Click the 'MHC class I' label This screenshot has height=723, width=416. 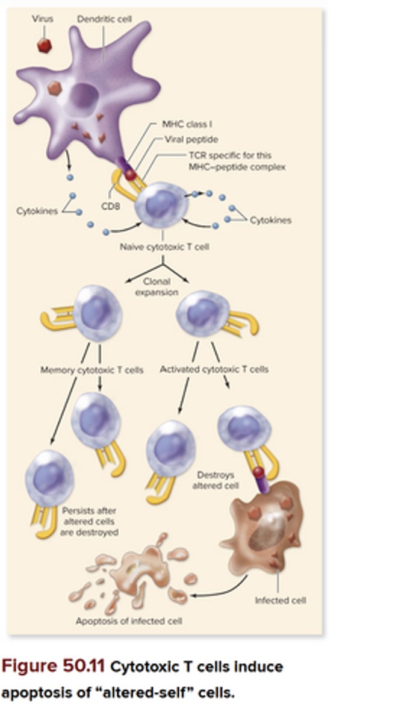(187, 124)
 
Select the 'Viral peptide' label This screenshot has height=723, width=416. (191, 139)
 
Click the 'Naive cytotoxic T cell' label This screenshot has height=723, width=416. (164, 247)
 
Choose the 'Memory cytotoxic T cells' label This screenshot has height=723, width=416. (92, 370)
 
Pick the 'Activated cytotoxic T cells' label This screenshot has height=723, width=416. (214, 369)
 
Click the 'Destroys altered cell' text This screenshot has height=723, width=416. (215, 480)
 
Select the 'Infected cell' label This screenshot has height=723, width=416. (280, 601)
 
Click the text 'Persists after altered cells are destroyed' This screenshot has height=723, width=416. (89, 522)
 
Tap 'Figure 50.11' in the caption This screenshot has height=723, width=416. (53, 667)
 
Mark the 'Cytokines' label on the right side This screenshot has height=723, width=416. (270, 221)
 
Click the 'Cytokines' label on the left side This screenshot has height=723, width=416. (37, 211)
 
